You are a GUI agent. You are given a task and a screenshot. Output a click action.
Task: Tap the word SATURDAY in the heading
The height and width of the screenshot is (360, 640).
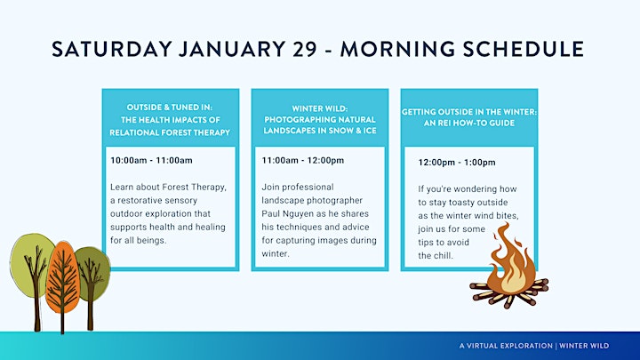pyautogui.click(x=112, y=49)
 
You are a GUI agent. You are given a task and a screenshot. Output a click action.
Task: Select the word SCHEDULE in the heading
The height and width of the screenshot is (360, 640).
pyautogui.click(x=524, y=49)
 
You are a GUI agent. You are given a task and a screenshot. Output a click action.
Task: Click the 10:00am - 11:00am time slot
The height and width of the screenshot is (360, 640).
pyautogui.click(x=151, y=160)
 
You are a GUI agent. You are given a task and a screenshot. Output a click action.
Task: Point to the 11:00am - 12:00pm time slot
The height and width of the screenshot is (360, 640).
pyautogui.click(x=303, y=160)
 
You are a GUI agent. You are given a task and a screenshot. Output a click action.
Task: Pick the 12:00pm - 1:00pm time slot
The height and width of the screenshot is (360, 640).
pyautogui.click(x=457, y=163)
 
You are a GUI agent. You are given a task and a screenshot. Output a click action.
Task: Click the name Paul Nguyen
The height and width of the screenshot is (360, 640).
pyautogui.click(x=289, y=214)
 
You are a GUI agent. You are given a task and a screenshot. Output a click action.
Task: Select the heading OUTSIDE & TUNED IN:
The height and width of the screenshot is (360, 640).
pyautogui.click(x=170, y=108)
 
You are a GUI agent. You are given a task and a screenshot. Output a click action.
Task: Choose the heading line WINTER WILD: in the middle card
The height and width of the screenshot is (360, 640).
pyautogui.click(x=320, y=108)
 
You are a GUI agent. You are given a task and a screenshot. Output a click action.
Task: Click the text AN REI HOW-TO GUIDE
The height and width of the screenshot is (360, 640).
pyautogui.click(x=469, y=123)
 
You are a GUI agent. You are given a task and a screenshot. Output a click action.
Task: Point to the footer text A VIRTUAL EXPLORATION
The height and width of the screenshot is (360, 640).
pyautogui.click(x=506, y=346)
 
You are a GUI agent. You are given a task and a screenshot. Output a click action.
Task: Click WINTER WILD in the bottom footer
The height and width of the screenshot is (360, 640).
pyautogui.click(x=584, y=346)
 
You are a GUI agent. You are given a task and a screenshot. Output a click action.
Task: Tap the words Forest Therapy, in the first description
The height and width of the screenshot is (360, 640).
pyautogui.click(x=195, y=188)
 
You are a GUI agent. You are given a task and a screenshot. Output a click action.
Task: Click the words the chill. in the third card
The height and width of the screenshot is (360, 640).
pyautogui.click(x=436, y=256)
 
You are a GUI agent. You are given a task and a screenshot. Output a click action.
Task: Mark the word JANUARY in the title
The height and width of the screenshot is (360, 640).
pyautogui.click(x=232, y=49)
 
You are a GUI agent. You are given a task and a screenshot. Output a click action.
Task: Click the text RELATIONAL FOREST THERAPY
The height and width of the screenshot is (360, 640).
pyautogui.click(x=170, y=132)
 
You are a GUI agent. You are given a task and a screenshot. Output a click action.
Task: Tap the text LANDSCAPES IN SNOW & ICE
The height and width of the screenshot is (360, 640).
pyautogui.click(x=320, y=131)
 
